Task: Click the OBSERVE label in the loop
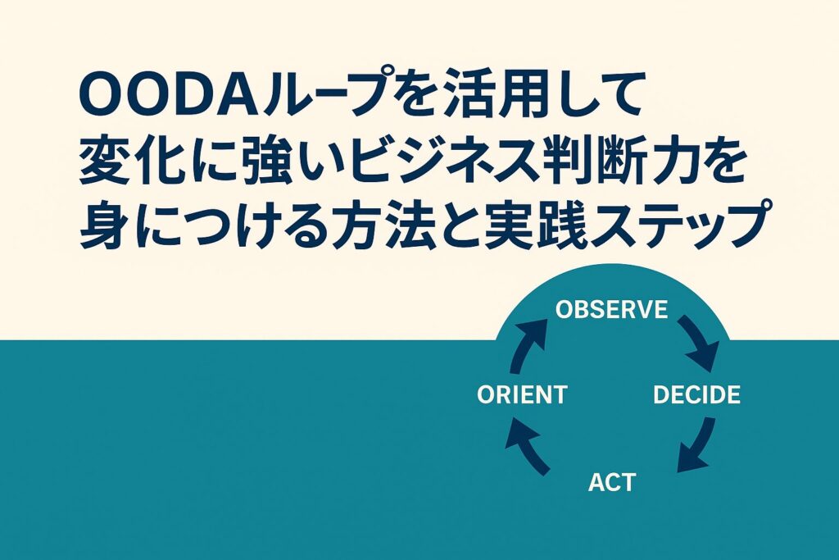point(611,310)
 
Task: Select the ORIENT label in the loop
point(522,395)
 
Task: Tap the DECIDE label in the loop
point(696,395)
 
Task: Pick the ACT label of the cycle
point(612,482)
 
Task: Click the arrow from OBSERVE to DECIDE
point(701,343)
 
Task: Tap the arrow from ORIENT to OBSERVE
point(528,345)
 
